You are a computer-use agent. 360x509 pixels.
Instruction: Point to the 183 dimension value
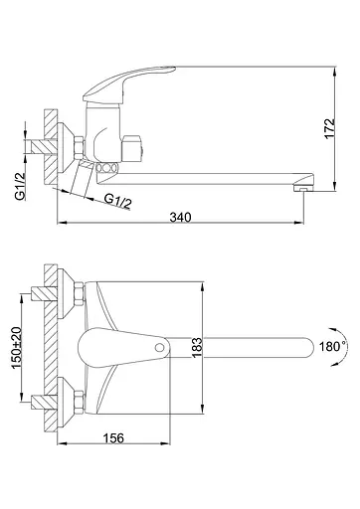[x=197, y=350]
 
